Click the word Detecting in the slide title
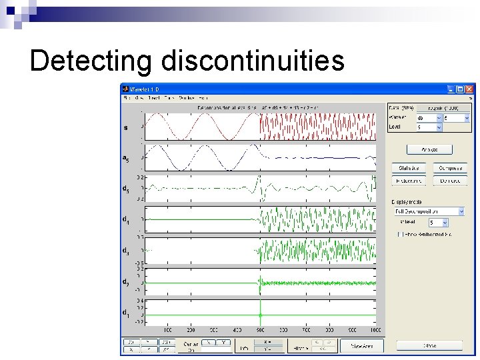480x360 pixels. pos(91,61)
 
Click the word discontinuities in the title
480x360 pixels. pos(252,61)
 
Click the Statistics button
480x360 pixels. pos(408,168)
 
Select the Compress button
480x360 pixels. pos(450,168)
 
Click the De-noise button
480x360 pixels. pos(450,181)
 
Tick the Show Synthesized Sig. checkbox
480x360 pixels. pos(399,234)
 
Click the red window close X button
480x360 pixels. pos(469,89)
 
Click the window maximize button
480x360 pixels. pos(460,89)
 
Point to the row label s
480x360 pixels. pos(126,127)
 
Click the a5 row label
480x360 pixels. pos(125,159)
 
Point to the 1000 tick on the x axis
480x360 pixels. pos(375,331)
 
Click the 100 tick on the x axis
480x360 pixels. pos(168,331)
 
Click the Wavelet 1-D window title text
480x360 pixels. pos(145,89)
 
